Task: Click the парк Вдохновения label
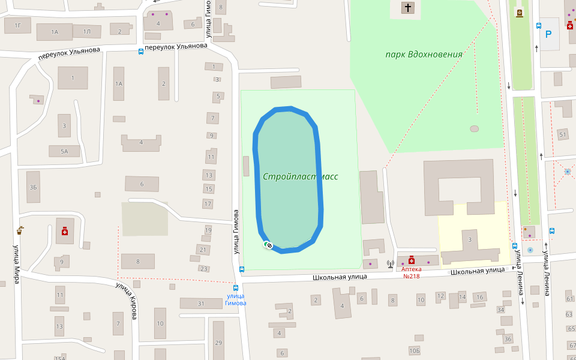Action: click(x=424, y=55)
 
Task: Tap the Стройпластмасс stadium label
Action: click(x=300, y=177)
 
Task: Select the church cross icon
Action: click(x=408, y=8)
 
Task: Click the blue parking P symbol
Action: click(x=548, y=34)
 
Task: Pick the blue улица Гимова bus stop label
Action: click(x=236, y=299)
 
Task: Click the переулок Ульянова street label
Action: click(x=68, y=53)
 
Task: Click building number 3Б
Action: click(x=33, y=188)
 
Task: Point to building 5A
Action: click(x=64, y=151)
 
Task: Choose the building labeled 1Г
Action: click(x=18, y=25)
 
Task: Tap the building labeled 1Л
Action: click(x=87, y=31)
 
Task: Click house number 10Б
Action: click(x=414, y=350)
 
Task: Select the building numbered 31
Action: click(x=201, y=304)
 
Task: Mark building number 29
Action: click(x=218, y=343)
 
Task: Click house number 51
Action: click(x=562, y=134)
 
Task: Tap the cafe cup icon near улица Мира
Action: click(x=20, y=229)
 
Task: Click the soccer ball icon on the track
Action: click(x=269, y=245)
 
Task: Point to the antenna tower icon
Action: click(x=390, y=262)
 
